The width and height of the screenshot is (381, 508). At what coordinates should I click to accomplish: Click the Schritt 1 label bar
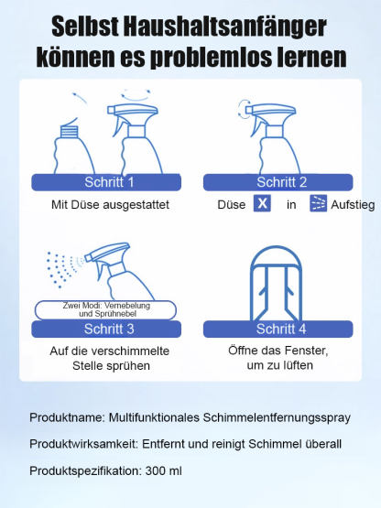pos(109,181)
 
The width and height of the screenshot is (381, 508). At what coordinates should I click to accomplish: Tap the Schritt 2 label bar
pos(276,181)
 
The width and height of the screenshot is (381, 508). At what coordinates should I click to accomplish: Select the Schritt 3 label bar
pos(109,329)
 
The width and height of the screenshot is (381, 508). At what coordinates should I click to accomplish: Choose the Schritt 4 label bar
pos(276,329)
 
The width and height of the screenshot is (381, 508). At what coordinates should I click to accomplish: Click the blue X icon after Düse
pos(262,204)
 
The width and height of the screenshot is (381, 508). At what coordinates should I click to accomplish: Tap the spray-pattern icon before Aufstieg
pos(318,204)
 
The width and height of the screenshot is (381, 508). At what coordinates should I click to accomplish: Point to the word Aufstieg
pos(353,205)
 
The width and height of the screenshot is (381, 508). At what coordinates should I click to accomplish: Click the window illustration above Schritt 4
pos(276,280)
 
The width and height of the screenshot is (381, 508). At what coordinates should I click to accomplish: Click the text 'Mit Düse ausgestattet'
pos(109,205)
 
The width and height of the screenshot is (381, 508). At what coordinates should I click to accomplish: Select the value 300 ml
pos(164,470)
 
